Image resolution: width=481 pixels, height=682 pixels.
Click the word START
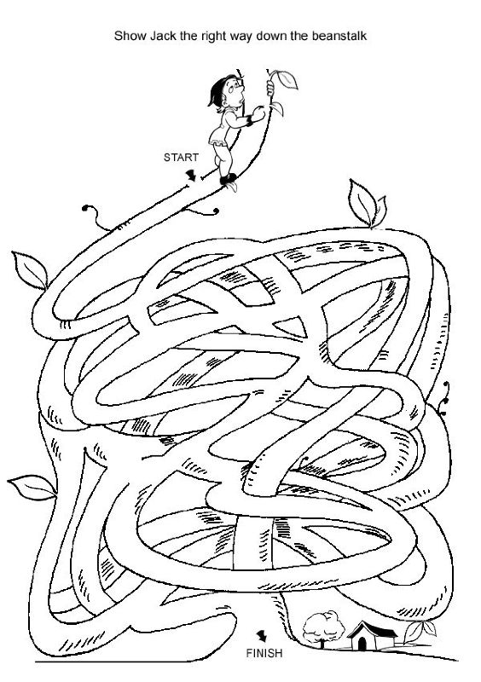tap(181, 158)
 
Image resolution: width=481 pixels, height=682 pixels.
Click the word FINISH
tap(264, 653)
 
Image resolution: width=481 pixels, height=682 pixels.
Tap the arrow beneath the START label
tap(191, 176)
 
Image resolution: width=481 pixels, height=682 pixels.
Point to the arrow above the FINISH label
tap(261, 636)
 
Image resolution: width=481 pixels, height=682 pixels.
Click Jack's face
tap(236, 94)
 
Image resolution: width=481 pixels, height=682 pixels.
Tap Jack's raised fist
tap(258, 113)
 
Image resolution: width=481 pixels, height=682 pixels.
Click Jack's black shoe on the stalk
tap(228, 179)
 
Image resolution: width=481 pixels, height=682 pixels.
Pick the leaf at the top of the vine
tap(286, 79)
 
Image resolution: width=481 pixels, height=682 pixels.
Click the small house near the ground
tap(371, 636)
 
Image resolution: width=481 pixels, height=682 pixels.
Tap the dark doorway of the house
tap(362, 644)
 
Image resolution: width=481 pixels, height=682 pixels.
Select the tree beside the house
tap(323, 628)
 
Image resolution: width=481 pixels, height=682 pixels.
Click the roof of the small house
tap(371, 629)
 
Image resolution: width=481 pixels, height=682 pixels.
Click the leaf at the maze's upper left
tap(30, 269)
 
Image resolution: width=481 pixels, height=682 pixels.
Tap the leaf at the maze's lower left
tap(32, 487)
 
